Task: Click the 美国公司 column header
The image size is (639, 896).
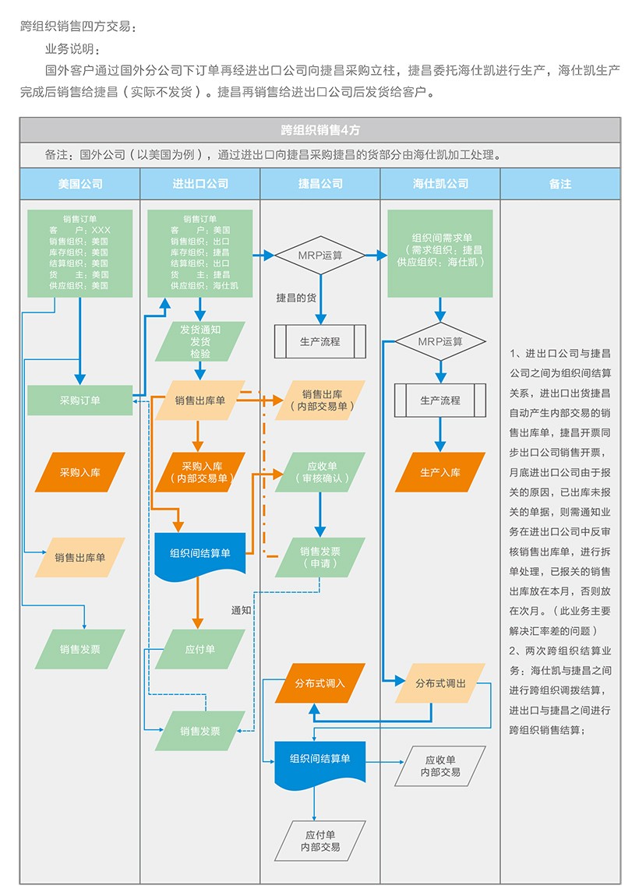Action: click(x=80, y=184)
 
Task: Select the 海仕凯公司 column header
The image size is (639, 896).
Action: click(x=440, y=184)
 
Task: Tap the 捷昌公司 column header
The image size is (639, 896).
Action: click(x=320, y=184)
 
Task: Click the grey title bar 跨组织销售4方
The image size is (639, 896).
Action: click(x=320, y=130)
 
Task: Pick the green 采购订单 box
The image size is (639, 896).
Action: click(x=80, y=400)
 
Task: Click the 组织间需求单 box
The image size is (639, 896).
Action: click(x=440, y=253)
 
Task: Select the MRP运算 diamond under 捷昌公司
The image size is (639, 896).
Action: click(x=320, y=255)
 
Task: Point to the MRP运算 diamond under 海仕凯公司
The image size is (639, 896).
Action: click(x=440, y=341)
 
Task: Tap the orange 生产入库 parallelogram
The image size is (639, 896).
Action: click(x=440, y=472)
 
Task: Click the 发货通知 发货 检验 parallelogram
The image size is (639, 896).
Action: click(x=200, y=341)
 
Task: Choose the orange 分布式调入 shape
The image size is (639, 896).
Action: click(x=320, y=683)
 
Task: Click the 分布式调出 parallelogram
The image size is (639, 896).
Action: click(x=440, y=683)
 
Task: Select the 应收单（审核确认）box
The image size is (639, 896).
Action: click(x=320, y=472)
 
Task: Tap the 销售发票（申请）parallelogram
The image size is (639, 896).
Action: click(x=320, y=557)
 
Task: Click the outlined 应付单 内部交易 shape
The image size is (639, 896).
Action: click(x=320, y=841)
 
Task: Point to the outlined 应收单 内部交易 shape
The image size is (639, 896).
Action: click(x=440, y=766)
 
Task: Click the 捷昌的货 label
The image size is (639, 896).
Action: click(x=296, y=298)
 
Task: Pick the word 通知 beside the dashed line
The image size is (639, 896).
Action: click(x=242, y=610)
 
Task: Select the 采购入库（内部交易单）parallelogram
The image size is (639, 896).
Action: click(x=200, y=472)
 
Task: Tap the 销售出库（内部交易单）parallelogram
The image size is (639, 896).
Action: click(x=320, y=400)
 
